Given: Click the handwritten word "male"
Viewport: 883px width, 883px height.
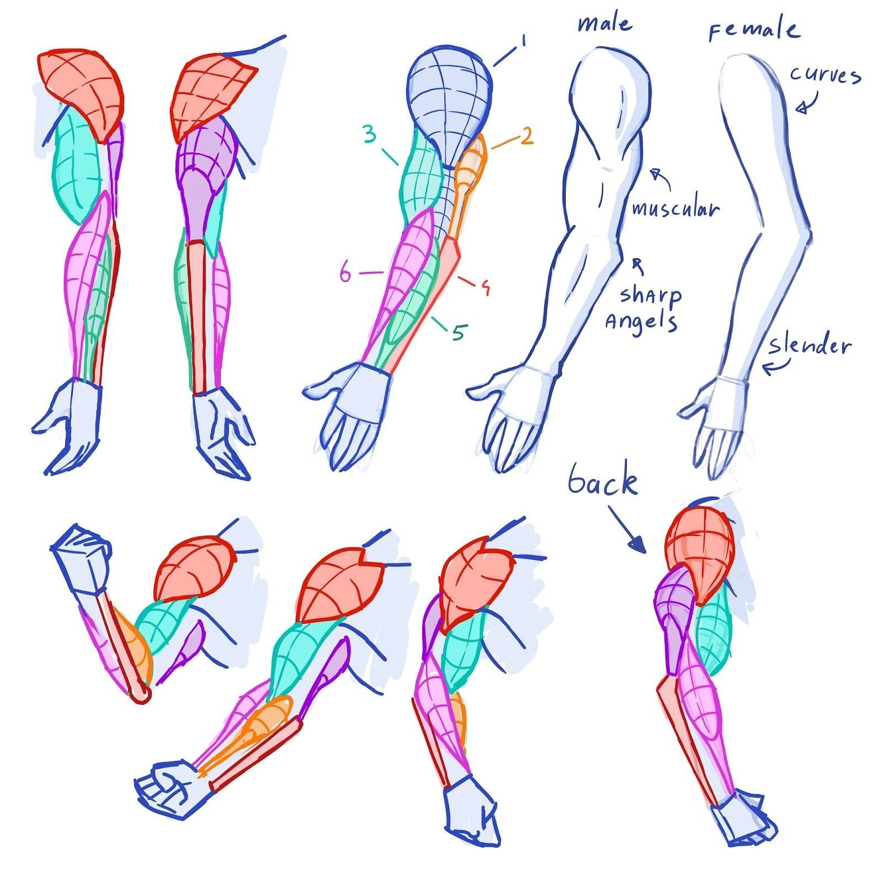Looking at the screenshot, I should click(605, 24).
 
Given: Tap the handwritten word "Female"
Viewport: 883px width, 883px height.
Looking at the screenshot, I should click(754, 30).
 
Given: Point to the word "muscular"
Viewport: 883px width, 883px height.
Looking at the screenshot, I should click(675, 209).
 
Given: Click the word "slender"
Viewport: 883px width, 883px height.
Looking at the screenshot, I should click(810, 346).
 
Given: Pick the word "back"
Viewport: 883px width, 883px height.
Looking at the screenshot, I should click(603, 481).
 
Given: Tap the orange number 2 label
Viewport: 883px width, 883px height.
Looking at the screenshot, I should click(527, 136).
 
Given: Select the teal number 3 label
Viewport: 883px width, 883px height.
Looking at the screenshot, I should click(370, 134).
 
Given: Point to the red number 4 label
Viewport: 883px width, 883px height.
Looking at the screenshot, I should click(485, 287).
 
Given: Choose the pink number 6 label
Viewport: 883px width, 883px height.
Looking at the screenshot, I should click(345, 273).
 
